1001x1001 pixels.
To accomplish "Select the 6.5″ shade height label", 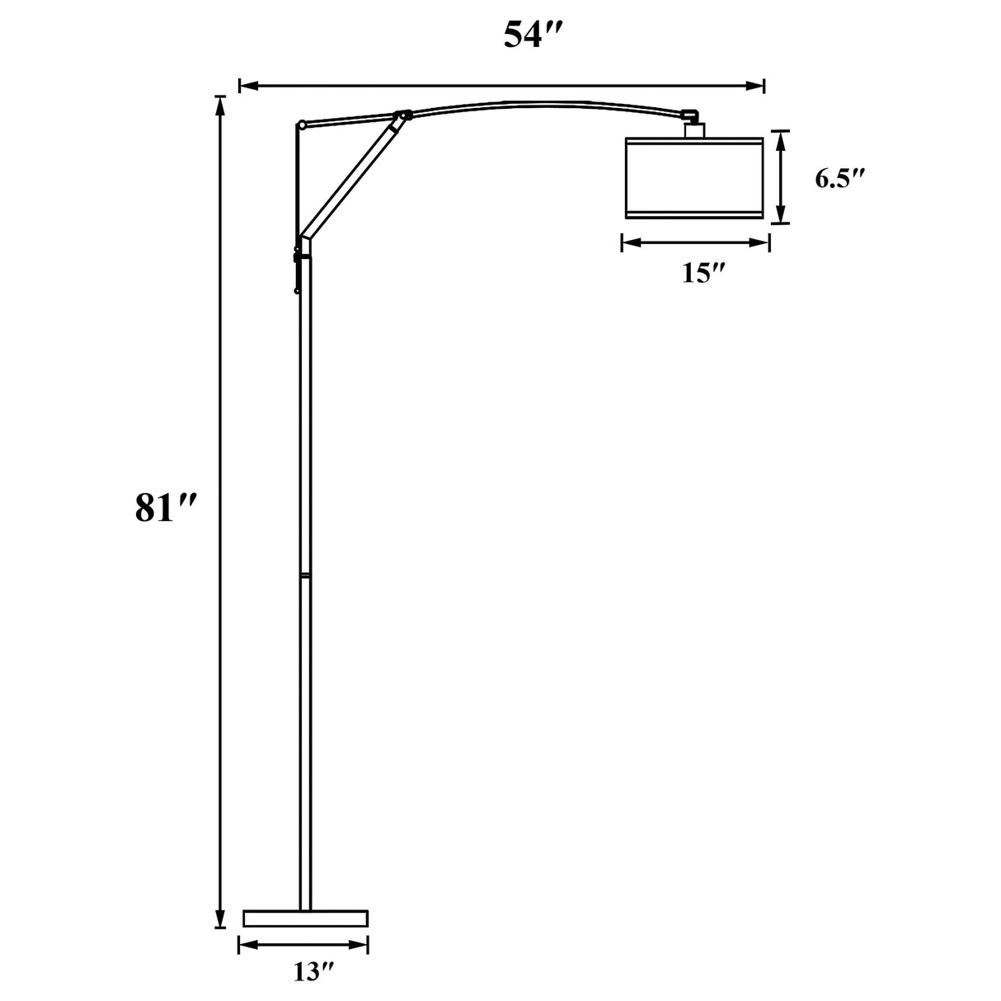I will tap(839, 179).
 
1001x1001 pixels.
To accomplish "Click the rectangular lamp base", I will tap(305, 918).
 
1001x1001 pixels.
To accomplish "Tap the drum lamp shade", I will tap(694, 178).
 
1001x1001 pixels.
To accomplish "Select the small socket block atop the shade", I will tap(694, 129).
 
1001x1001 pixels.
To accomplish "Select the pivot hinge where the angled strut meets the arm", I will tap(402, 116).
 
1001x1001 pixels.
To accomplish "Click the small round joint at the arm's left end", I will tap(302, 125).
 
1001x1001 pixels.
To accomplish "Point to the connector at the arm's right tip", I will tap(689, 115).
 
